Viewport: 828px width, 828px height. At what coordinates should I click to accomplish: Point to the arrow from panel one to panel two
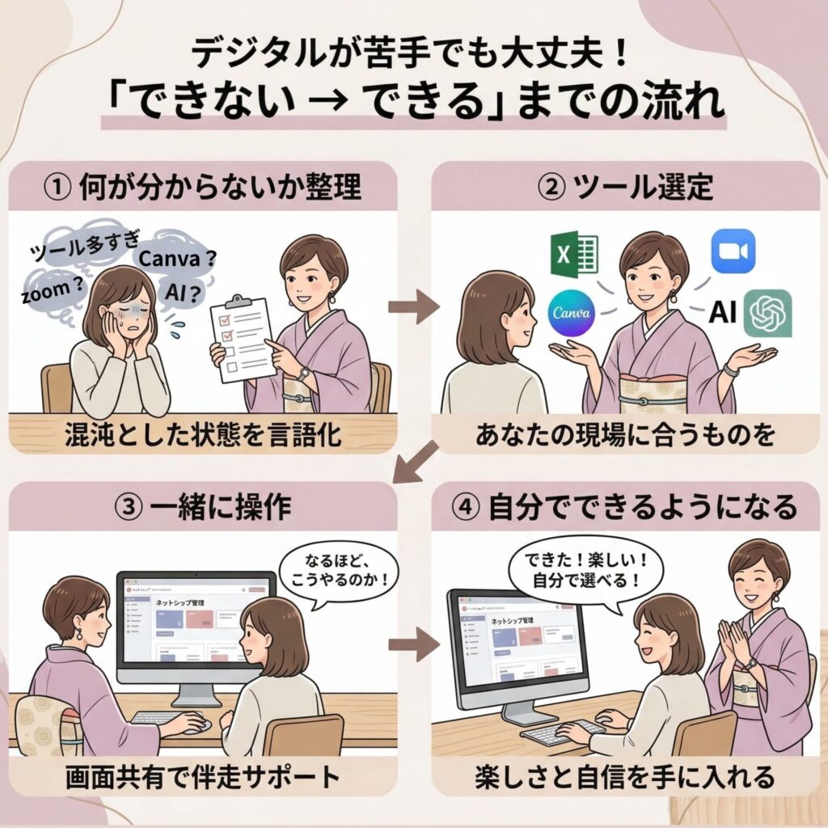413,307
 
